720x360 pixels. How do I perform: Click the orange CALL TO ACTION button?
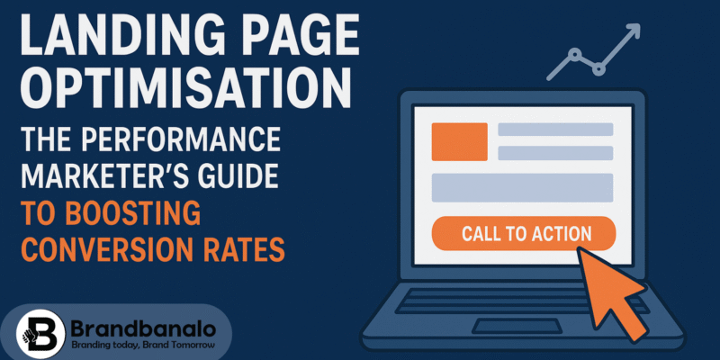(x=526, y=234)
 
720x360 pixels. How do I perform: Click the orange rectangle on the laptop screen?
(x=459, y=141)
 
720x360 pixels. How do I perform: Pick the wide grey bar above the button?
(x=522, y=187)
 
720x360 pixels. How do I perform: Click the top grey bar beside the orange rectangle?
(x=555, y=130)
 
